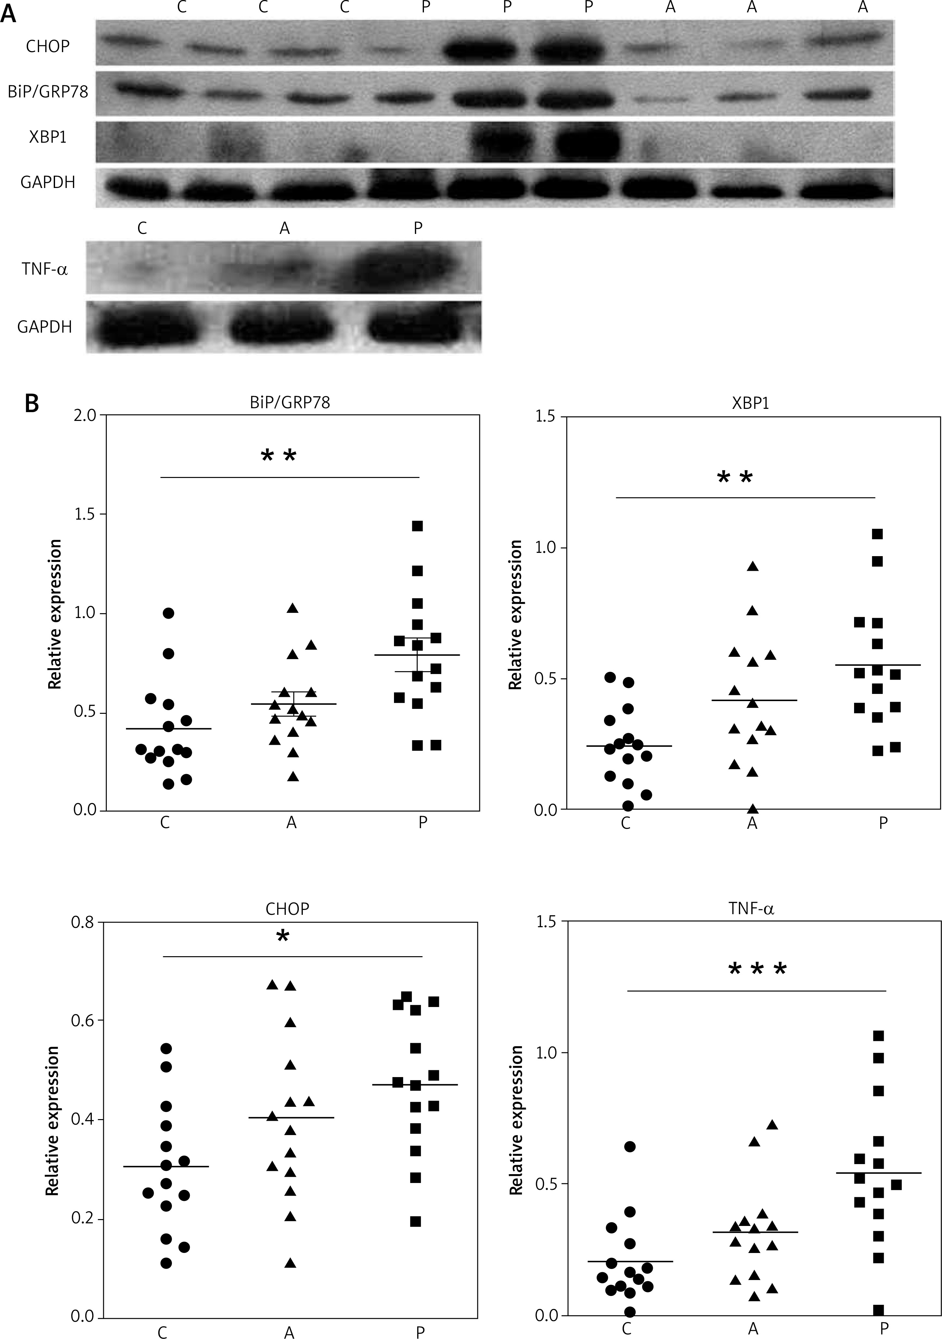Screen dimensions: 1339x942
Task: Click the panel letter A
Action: (8, 13)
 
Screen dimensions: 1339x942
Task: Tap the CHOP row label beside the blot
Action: (48, 46)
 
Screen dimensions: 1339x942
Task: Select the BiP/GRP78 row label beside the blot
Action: (48, 92)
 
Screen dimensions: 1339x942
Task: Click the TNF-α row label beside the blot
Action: (45, 269)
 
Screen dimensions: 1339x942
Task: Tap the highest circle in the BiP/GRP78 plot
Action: (168, 613)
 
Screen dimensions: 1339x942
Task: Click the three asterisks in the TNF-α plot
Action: (757, 970)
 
